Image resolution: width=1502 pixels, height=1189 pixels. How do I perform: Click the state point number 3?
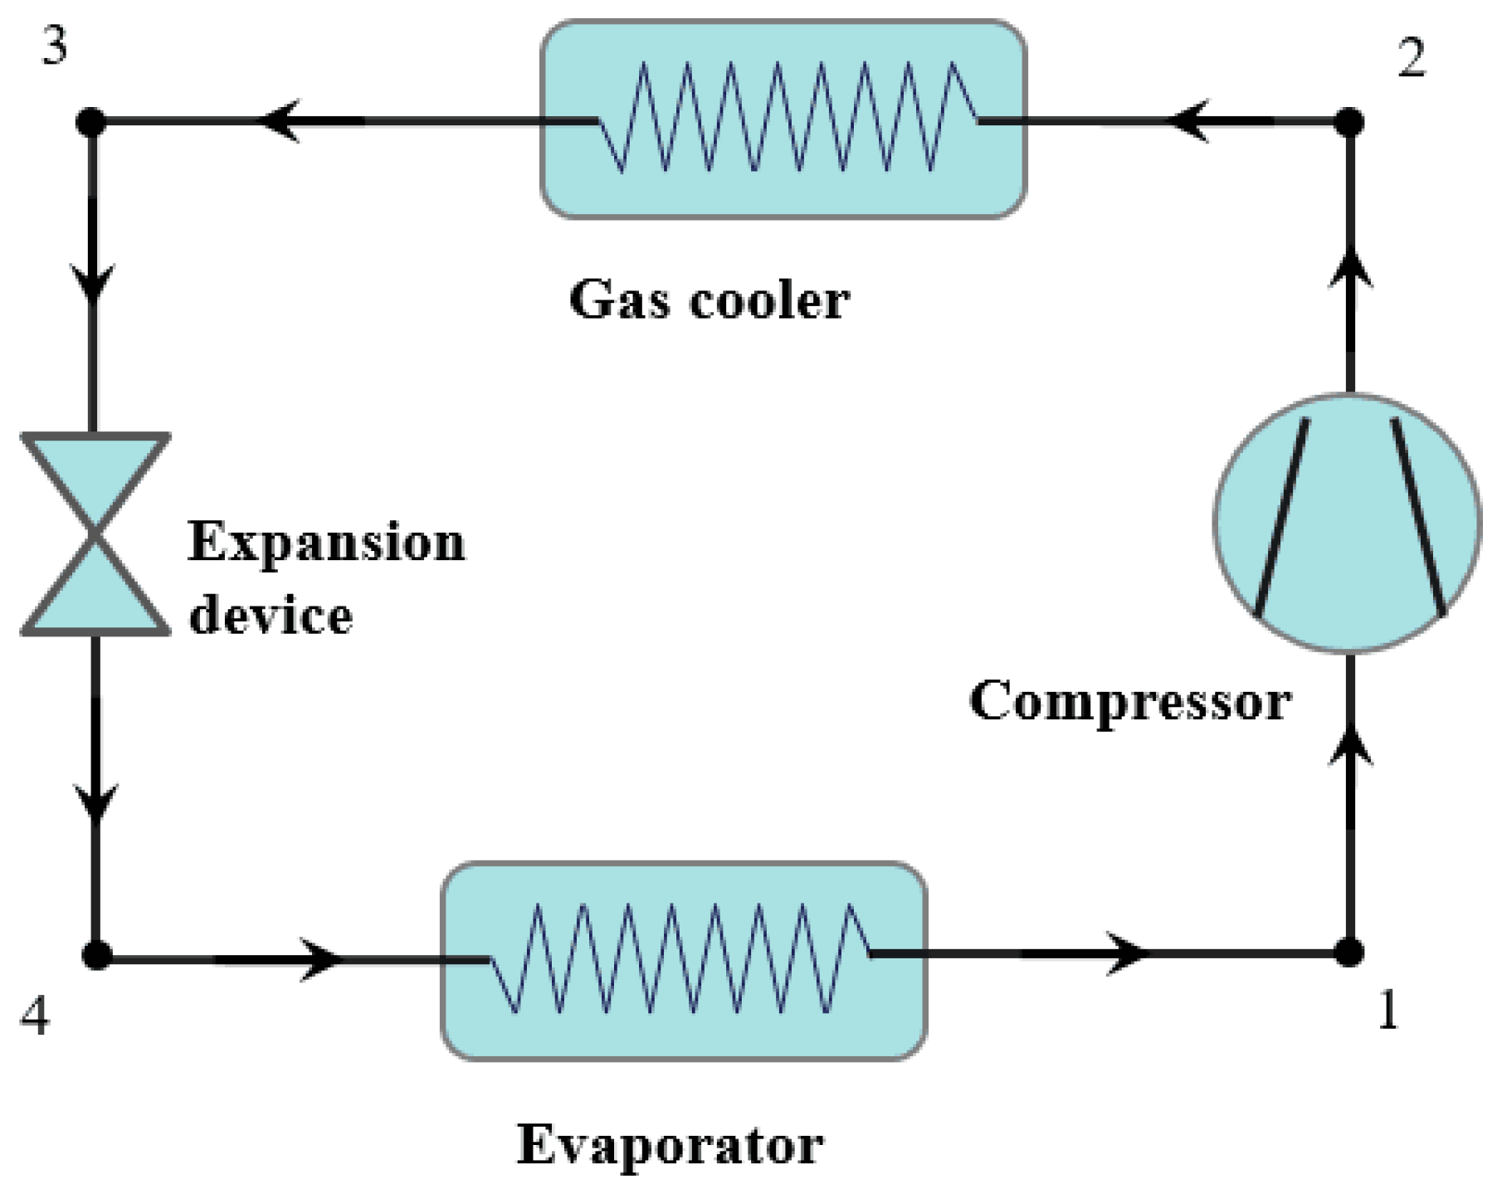55,47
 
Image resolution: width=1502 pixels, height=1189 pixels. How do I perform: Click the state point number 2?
1412,59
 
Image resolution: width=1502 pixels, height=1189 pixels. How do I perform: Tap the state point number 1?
1388,1011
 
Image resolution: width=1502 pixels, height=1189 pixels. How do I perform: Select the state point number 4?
35,1016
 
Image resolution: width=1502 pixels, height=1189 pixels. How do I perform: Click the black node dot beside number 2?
1350,122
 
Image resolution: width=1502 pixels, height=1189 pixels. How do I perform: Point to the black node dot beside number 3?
91,122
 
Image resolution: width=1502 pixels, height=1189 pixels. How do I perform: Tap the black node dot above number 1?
1350,953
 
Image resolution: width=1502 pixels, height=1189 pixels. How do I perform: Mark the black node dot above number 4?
97,955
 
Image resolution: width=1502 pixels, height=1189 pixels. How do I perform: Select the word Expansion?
326,543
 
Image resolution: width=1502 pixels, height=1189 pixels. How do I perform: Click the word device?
271,616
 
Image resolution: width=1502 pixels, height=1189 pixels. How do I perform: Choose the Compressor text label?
1129,702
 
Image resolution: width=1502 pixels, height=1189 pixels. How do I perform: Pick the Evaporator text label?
670,1146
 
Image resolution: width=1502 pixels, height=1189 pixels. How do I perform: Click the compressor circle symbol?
1348,523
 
